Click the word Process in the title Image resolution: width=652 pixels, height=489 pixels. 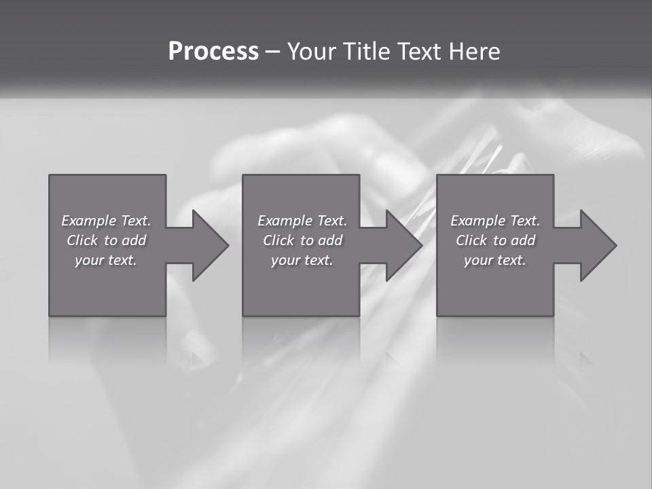point(213,52)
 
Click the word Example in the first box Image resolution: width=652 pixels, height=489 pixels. point(88,221)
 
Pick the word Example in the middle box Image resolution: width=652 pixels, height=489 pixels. point(285,221)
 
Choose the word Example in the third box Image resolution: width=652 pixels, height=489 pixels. point(477,221)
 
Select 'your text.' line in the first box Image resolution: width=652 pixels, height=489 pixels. point(106,260)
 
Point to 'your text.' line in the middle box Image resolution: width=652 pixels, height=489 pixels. point(302,260)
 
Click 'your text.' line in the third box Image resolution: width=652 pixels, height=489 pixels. point(495,260)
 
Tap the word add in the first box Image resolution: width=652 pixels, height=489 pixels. point(134,240)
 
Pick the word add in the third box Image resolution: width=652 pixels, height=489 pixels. point(524,240)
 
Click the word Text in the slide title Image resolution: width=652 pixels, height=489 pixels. point(418,52)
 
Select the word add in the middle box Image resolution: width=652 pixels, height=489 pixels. point(331,240)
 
